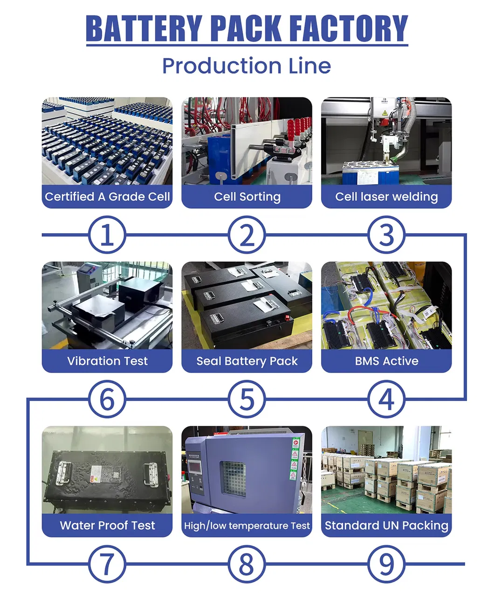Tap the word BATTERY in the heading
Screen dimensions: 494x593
pos(144,28)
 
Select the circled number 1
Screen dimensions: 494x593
pos(107,234)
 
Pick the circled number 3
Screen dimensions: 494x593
pos(386,234)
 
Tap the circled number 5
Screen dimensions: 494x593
pos(247,399)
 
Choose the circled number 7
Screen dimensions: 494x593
pos(107,564)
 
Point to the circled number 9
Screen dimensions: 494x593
pos(386,564)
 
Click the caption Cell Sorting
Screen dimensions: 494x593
pos(247,197)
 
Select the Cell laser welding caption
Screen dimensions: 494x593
pos(386,197)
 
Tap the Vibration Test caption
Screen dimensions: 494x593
pos(107,361)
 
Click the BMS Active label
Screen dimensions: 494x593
pos(386,361)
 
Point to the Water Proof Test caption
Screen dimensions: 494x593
pos(107,525)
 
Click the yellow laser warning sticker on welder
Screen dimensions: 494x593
pos(384,113)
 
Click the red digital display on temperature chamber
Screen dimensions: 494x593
pos(195,467)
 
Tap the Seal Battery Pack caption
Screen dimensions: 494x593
pos(247,361)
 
